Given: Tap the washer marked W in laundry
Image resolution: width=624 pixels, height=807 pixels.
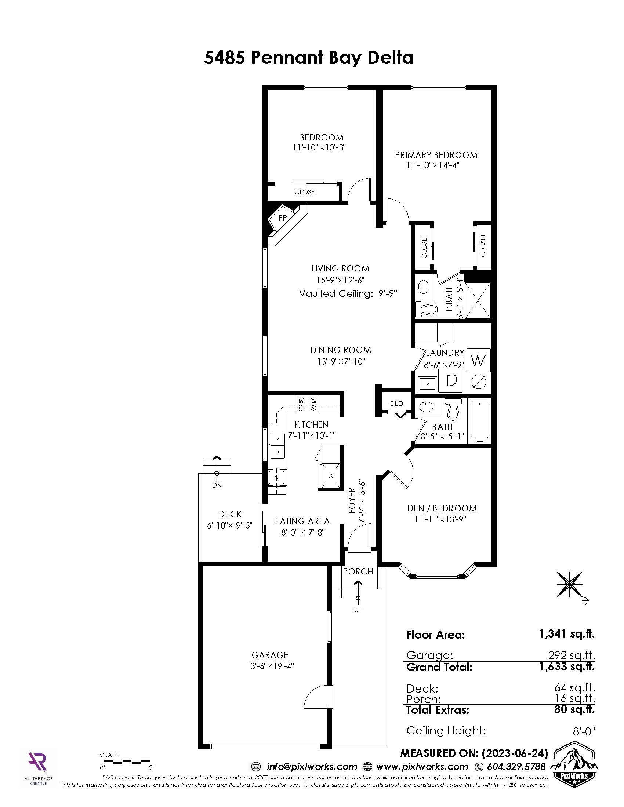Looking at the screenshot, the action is tap(478, 360).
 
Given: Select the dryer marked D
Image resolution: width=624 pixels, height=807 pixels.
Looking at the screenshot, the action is tap(451, 380).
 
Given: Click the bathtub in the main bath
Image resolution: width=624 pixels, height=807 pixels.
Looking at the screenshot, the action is tap(480, 421).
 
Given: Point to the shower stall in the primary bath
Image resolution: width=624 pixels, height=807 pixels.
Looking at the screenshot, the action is tap(478, 300).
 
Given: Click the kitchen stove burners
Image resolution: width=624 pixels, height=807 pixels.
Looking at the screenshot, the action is tap(308, 404).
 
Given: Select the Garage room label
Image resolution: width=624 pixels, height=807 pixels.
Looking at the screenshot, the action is tap(270, 655).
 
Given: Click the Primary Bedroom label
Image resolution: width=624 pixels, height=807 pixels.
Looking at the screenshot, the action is tap(436, 155).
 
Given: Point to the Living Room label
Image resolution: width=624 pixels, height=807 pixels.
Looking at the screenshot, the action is tap(340, 269).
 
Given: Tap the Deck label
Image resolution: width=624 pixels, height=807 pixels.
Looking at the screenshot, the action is tap(230, 514).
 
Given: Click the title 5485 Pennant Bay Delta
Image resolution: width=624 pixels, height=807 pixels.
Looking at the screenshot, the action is tap(309, 58).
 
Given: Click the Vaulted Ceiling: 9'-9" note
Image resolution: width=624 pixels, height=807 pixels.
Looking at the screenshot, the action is tap(348, 293).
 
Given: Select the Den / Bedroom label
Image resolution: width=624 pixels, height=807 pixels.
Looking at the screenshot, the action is tap(442, 508).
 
